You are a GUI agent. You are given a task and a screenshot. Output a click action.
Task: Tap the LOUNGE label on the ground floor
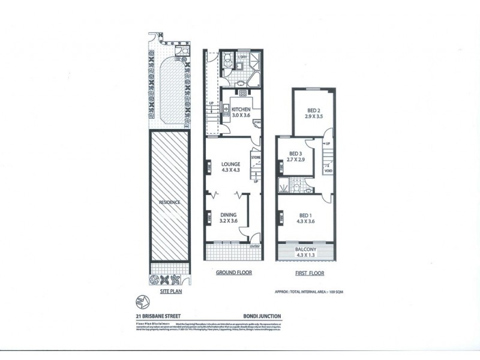coord(230,164)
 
